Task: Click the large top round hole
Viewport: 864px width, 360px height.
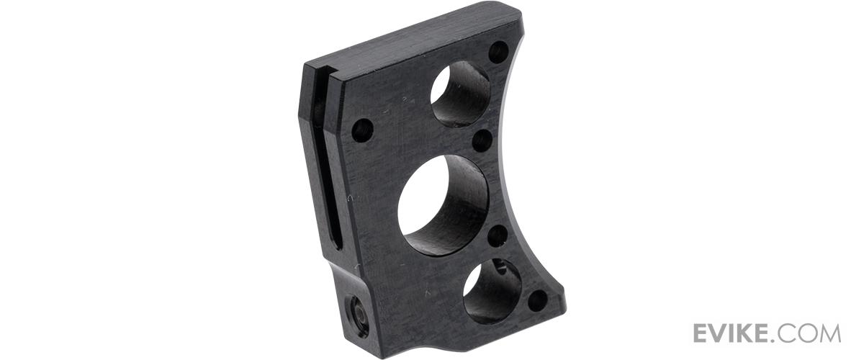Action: [460, 94]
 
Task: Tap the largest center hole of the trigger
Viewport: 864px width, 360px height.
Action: [444, 205]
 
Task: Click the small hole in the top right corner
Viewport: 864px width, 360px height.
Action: [498, 52]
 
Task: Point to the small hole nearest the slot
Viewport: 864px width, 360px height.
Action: [363, 130]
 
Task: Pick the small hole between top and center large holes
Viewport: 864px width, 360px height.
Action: [482, 140]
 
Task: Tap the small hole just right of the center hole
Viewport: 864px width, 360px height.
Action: [498, 235]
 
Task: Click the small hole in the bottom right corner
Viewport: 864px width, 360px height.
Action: [537, 300]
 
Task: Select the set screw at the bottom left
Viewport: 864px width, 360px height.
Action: [354, 315]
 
